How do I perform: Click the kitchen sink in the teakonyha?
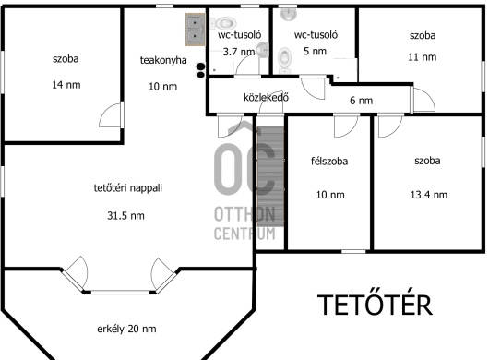[x=196, y=30]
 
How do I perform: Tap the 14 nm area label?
[x=66, y=85]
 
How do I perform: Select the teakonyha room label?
[x=163, y=60]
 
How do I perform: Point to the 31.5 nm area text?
[x=125, y=216]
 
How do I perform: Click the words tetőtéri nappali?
[x=128, y=187]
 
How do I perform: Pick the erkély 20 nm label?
[x=126, y=329]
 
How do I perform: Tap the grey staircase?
[x=270, y=176]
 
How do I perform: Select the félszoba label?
[x=329, y=161]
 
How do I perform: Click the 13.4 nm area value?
[x=429, y=195]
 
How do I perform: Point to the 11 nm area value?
[x=423, y=57]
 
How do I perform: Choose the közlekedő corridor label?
[x=266, y=97]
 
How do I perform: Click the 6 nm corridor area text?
[x=361, y=101]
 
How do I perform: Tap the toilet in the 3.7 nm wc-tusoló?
[x=224, y=23]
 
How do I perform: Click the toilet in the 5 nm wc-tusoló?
[x=284, y=60]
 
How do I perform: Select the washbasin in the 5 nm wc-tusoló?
[x=289, y=14]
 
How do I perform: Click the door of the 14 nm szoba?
[x=112, y=114]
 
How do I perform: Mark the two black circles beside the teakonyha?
[x=201, y=70]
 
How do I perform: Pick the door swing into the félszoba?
[x=346, y=126]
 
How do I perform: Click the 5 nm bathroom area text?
[x=315, y=51]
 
